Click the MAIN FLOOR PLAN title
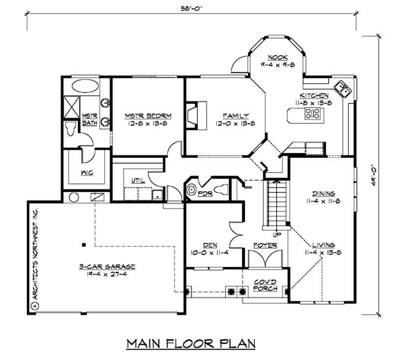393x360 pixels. [191, 342]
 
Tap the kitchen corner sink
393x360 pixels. [342, 89]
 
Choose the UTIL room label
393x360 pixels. [138, 180]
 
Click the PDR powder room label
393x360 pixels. [205, 193]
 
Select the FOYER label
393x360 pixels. [265, 245]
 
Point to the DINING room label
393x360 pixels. [322, 193]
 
